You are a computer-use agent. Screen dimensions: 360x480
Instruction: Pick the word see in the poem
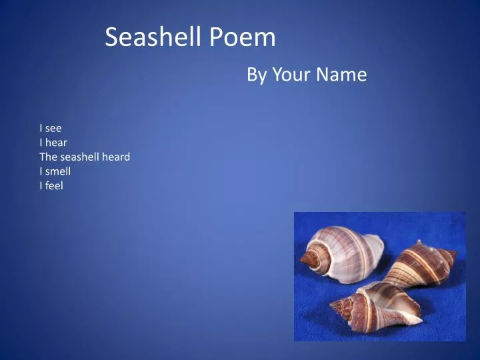tap(53, 128)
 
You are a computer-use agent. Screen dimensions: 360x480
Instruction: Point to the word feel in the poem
tap(54, 186)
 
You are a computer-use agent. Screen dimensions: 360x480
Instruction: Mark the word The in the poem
tap(49, 157)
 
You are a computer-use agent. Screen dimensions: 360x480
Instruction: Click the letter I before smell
tap(41, 171)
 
